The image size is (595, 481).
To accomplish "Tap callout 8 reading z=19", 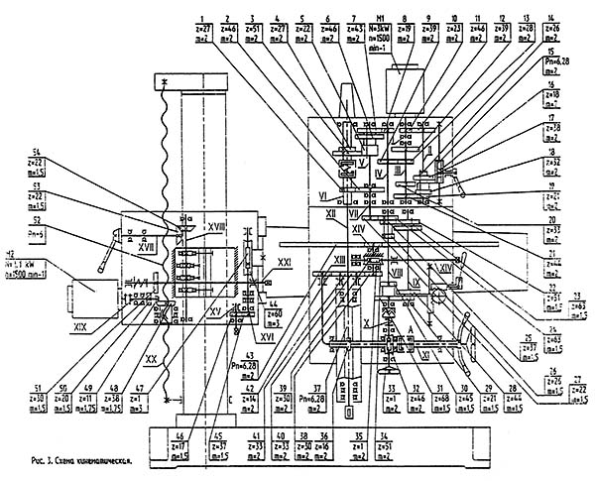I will (405, 37).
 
